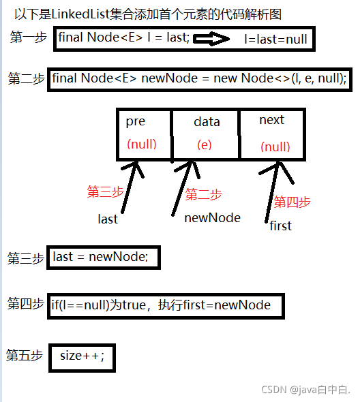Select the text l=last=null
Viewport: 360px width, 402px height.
click(x=275, y=40)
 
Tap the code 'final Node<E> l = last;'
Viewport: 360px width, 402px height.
click(x=123, y=37)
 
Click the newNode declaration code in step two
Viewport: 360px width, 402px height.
click(x=200, y=79)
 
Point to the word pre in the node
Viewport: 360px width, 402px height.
click(x=136, y=121)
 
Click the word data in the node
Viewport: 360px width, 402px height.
click(x=207, y=122)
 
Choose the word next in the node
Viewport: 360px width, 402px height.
click(x=271, y=120)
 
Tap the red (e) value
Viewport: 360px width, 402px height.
click(x=205, y=145)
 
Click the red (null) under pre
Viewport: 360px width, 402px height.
click(x=142, y=144)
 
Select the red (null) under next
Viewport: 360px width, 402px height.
click(x=275, y=146)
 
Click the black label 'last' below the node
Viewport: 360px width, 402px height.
click(x=108, y=219)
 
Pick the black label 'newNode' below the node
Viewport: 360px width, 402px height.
click(x=212, y=217)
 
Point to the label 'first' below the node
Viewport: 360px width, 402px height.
click(x=280, y=226)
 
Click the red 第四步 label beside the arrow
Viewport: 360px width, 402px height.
click(x=292, y=202)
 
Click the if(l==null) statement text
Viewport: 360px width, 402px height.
click(x=161, y=305)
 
